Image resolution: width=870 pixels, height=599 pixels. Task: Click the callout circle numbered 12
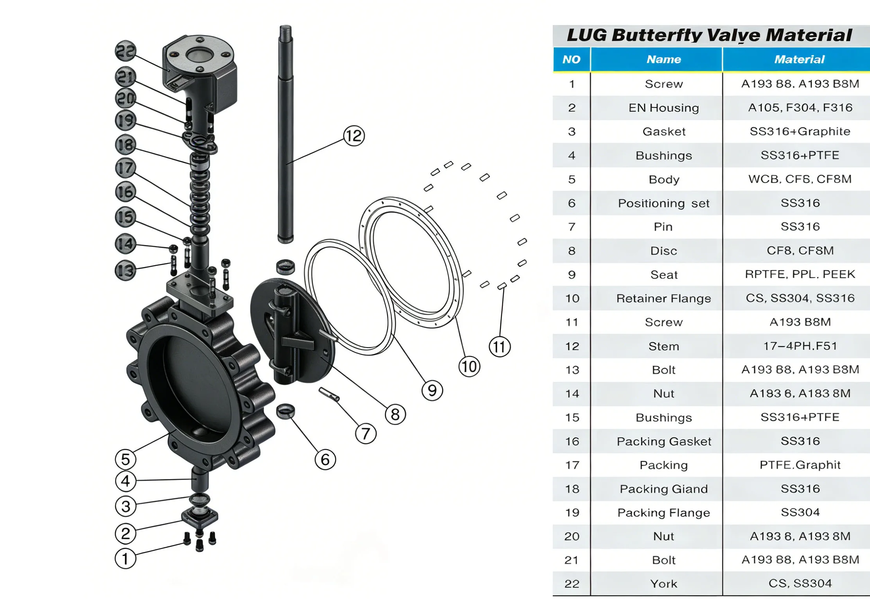pyautogui.click(x=354, y=136)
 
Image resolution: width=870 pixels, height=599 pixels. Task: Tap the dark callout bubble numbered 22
pyautogui.click(x=126, y=51)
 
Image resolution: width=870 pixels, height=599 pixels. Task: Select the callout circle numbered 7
pyautogui.click(x=366, y=434)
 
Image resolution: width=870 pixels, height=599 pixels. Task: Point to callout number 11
pyautogui.click(x=500, y=347)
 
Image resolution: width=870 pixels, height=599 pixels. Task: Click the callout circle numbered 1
pyautogui.click(x=126, y=558)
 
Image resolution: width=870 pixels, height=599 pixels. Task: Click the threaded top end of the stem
pyautogui.click(x=286, y=31)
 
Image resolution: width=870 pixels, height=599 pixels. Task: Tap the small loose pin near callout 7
pyautogui.click(x=329, y=395)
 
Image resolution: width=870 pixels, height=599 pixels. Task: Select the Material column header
pyautogui.click(x=799, y=59)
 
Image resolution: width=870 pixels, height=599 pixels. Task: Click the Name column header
pyautogui.click(x=663, y=59)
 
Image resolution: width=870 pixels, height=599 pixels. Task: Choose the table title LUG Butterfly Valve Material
pyautogui.click(x=709, y=35)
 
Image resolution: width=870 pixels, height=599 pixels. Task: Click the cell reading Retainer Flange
pyautogui.click(x=663, y=298)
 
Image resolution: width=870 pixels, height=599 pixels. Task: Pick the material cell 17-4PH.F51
pyautogui.click(x=800, y=346)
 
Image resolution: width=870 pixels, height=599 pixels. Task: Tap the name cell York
pyautogui.click(x=663, y=584)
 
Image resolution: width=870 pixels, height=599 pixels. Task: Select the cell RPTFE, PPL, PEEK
pyautogui.click(x=800, y=274)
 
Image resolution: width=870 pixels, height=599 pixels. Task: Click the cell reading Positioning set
pyautogui.click(x=663, y=203)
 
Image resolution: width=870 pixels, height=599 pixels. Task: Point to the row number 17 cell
pyautogui.click(x=572, y=465)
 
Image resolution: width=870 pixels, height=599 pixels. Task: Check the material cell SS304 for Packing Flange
pyautogui.click(x=800, y=512)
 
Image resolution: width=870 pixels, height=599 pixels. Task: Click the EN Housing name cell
pyautogui.click(x=663, y=108)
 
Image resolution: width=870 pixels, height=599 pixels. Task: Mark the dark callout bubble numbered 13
pyautogui.click(x=126, y=270)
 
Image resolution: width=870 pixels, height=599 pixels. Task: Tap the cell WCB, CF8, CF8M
pyautogui.click(x=800, y=179)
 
